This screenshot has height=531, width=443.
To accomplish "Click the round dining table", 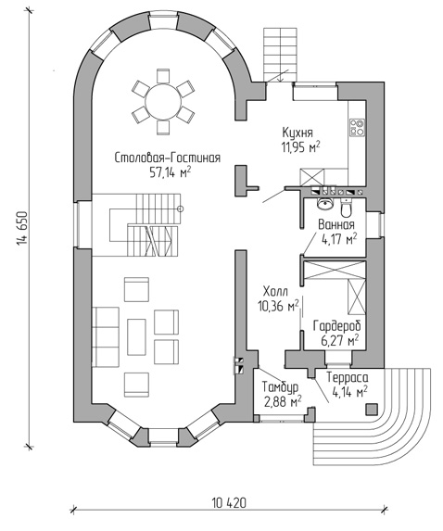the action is [x=163, y=102].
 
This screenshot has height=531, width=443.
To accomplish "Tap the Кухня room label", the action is [x=297, y=133].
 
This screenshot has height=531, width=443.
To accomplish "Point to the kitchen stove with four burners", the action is [x=357, y=127].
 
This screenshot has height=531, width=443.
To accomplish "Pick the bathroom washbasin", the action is [x=326, y=204].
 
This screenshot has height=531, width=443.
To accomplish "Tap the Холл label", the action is [x=275, y=291].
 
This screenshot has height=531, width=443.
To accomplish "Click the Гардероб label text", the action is [x=336, y=325].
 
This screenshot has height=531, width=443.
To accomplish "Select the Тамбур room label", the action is [x=280, y=386].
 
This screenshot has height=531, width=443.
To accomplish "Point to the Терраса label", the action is [x=348, y=377].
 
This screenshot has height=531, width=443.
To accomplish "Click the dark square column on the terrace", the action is [x=372, y=409].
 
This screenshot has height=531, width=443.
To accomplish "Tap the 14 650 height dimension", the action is [x=22, y=228].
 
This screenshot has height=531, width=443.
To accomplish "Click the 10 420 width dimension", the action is [x=229, y=503].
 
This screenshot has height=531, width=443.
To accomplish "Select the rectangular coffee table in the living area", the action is [x=136, y=337].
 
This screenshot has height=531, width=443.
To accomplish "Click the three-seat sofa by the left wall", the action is [x=105, y=336].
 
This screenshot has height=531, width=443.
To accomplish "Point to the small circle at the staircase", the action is [x=181, y=209].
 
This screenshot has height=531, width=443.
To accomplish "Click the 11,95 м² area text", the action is [x=300, y=147].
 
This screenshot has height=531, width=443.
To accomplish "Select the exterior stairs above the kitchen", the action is [x=281, y=55].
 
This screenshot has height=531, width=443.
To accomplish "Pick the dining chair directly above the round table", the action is [x=163, y=75].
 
